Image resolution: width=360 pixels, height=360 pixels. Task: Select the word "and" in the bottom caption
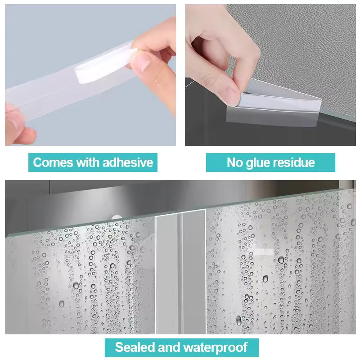169,347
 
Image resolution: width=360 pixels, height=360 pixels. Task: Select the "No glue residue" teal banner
270,162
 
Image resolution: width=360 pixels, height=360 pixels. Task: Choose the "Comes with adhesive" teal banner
93,162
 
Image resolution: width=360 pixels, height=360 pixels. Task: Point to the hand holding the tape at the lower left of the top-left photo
18,121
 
